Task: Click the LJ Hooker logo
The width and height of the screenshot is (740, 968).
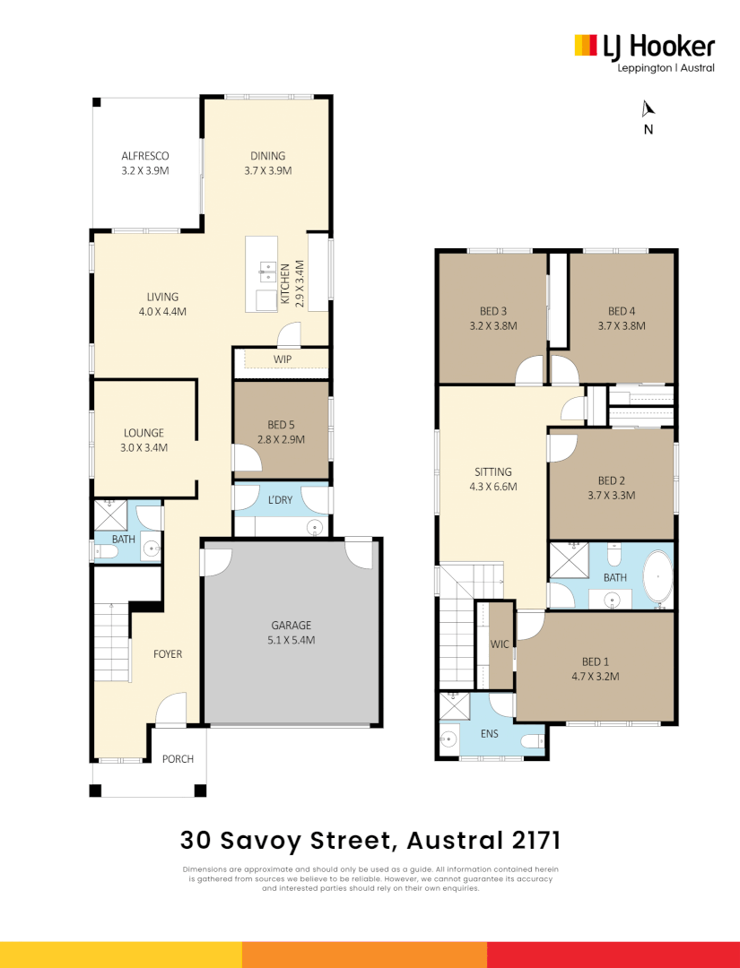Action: pyautogui.click(x=644, y=52)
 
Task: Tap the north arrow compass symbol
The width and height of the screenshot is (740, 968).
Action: pyautogui.click(x=648, y=110)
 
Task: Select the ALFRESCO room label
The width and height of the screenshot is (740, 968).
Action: pyautogui.click(x=145, y=162)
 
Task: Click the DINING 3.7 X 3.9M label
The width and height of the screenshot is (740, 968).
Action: pyautogui.click(x=267, y=162)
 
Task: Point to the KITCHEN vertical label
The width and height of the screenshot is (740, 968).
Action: pyautogui.click(x=292, y=284)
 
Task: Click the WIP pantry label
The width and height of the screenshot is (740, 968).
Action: pyautogui.click(x=283, y=360)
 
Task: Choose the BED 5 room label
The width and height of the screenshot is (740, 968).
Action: pyautogui.click(x=281, y=432)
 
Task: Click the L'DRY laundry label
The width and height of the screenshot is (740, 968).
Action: pyautogui.click(x=281, y=499)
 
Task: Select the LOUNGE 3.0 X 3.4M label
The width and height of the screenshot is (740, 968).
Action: pyautogui.click(x=144, y=439)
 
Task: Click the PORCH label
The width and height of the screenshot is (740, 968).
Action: pyautogui.click(x=178, y=759)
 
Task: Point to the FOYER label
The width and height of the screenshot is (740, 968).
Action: pyautogui.click(x=167, y=654)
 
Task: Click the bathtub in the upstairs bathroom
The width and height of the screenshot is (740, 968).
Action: pyautogui.click(x=658, y=578)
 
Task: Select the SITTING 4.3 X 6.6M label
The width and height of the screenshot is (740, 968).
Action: pyautogui.click(x=493, y=479)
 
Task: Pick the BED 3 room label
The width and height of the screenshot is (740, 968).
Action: pyautogui.click(x=492, y=318)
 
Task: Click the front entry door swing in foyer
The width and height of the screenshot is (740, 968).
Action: pyautogui.click(x=170, y=710)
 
